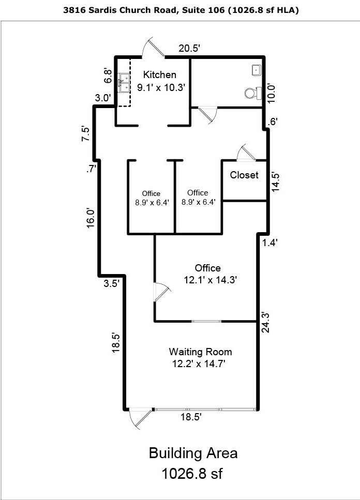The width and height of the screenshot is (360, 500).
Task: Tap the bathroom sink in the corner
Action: [257, 70]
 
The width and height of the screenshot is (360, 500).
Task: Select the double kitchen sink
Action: [124, 83]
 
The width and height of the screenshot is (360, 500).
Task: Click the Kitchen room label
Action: [159, 74]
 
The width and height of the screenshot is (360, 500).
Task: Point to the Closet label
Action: [244, 175]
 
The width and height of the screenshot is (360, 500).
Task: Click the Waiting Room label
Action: [200, 352]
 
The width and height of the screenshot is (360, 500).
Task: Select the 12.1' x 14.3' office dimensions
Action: [210, 280]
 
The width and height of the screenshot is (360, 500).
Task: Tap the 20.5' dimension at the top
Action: [189, 49]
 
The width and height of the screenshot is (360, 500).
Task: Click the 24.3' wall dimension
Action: [266, 322]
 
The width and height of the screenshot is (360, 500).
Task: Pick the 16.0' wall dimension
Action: [91, 218]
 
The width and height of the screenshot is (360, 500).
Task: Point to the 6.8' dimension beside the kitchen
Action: [109, 76]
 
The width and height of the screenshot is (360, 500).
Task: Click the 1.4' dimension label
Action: [270, 243]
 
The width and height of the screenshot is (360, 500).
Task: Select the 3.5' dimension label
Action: [112, 283]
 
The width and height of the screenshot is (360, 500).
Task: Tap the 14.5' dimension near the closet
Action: [276, 182]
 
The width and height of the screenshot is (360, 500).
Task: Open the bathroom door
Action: [208, 114]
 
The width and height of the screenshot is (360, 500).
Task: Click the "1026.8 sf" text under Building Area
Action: [192, 473]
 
